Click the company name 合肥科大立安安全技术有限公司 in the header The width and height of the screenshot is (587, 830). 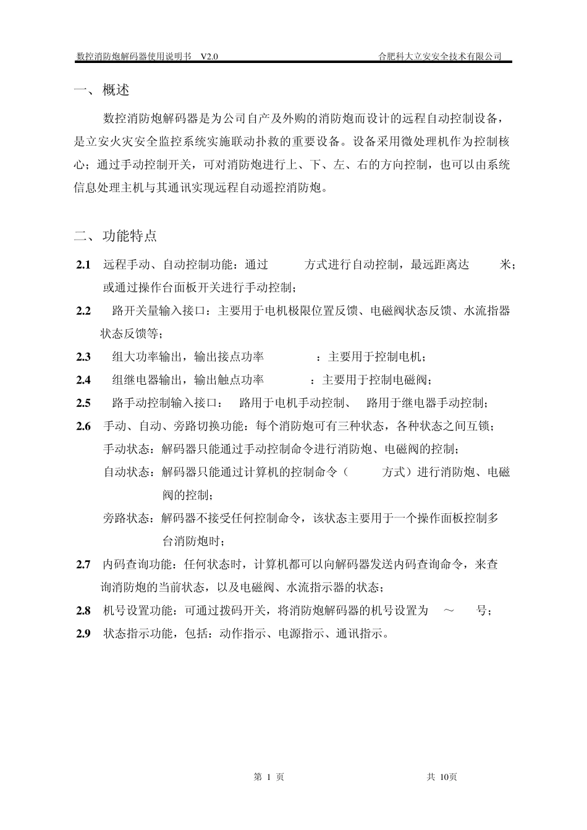439,57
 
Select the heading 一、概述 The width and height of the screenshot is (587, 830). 102,90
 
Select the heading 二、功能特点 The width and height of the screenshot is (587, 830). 116,236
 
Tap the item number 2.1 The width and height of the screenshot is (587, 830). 83,265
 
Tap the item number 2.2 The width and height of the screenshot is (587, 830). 83,311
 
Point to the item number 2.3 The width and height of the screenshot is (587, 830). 83,357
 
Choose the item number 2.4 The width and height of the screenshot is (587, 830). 83,380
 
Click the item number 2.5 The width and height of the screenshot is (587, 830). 83,403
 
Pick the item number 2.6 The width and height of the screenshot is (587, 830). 83,426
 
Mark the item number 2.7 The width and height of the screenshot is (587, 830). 83,564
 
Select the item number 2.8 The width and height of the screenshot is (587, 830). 83,611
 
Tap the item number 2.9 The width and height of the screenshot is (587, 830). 83,634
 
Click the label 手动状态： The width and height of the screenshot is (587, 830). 132,449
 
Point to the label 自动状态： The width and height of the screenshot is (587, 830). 132,472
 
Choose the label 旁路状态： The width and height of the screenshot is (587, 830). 132,519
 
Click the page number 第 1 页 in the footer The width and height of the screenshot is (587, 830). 269,777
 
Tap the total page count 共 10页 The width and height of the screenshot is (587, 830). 442,777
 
